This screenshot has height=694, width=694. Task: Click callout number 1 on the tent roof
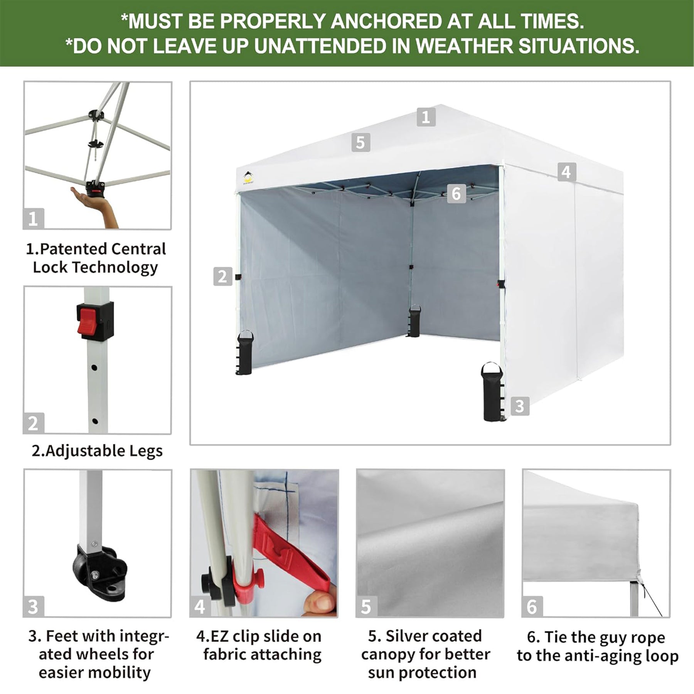[x=426, y=117]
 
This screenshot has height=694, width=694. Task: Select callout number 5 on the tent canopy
[x=361, y=142]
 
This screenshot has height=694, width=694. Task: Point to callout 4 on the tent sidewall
[x=566, y=172]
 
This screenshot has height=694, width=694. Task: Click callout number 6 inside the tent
[x=456, y=193]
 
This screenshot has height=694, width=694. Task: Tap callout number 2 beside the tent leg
[x=222, y=276]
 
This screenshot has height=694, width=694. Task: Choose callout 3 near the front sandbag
[x=520, y=406]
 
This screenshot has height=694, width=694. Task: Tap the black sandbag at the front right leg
[x=491, y=392]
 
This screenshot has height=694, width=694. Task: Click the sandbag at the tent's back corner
[x=415, y=321]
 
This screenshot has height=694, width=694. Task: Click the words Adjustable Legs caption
[x=104, y=451]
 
